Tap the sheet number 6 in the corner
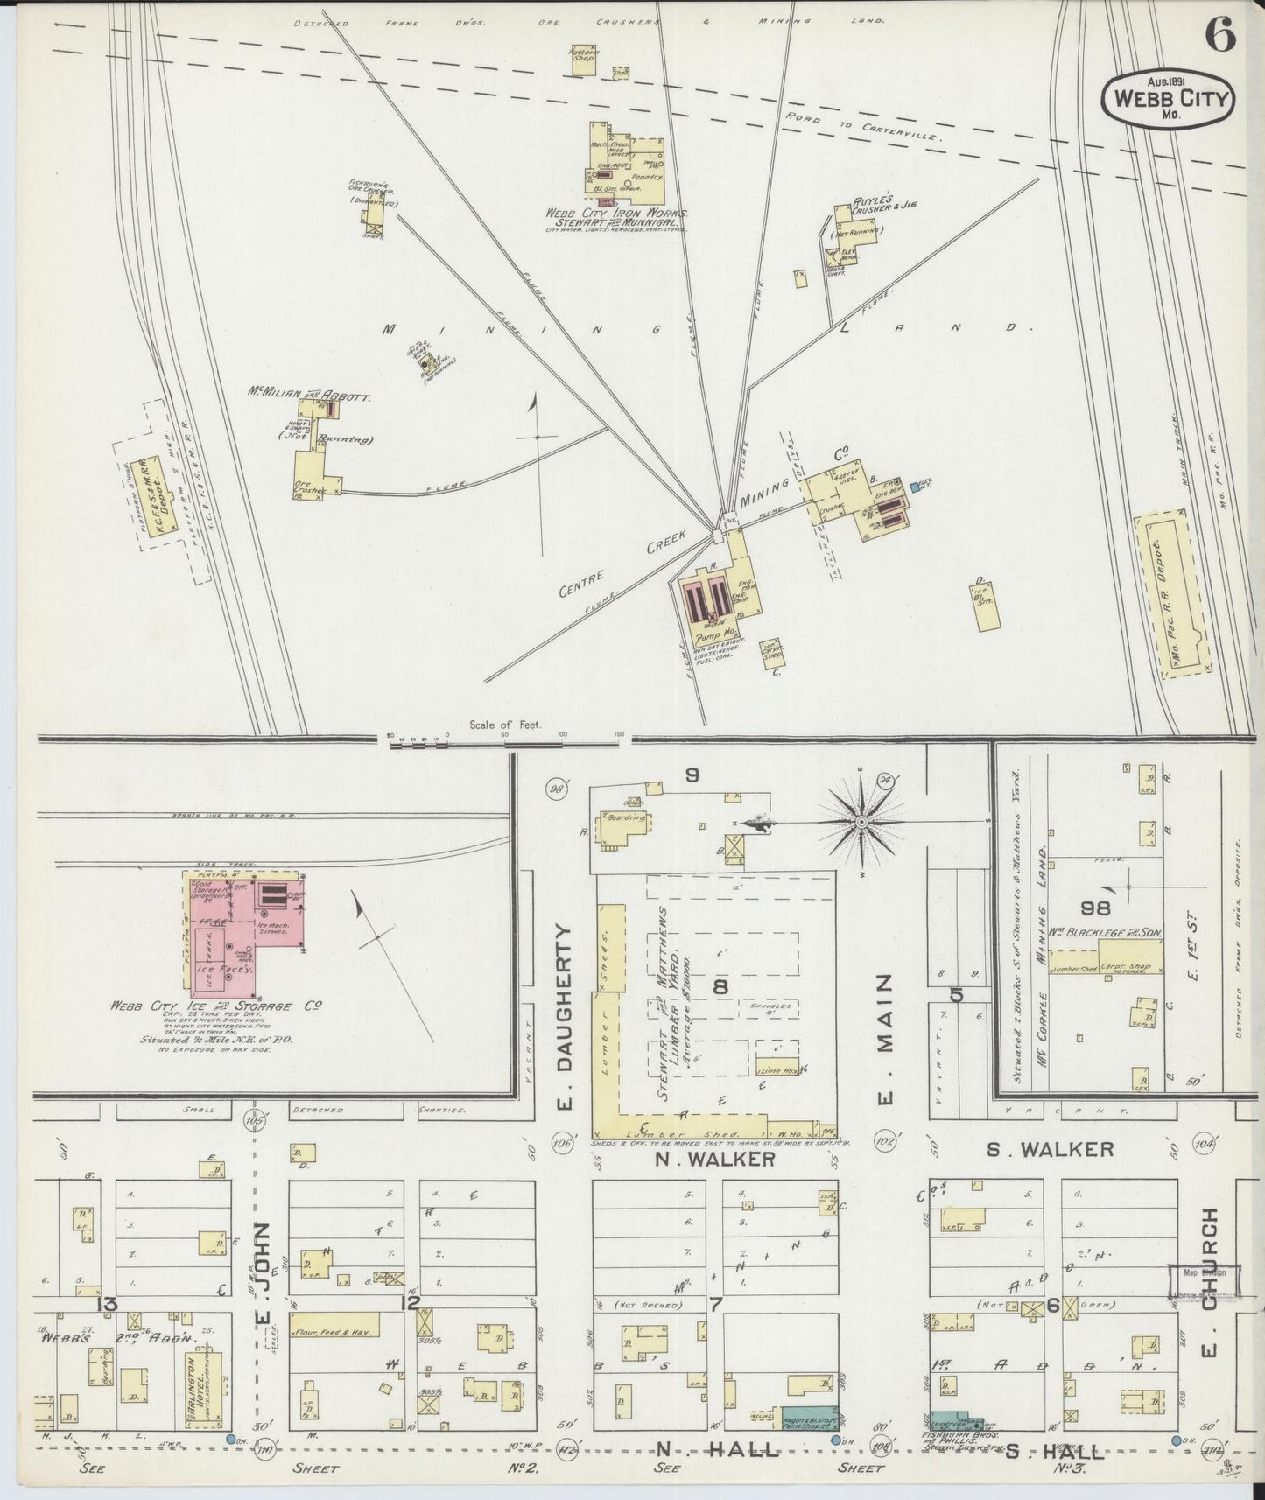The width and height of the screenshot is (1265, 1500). point(1219,35)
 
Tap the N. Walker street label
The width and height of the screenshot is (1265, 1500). point(715,1158)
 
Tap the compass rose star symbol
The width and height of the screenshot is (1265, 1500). point(861,823)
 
